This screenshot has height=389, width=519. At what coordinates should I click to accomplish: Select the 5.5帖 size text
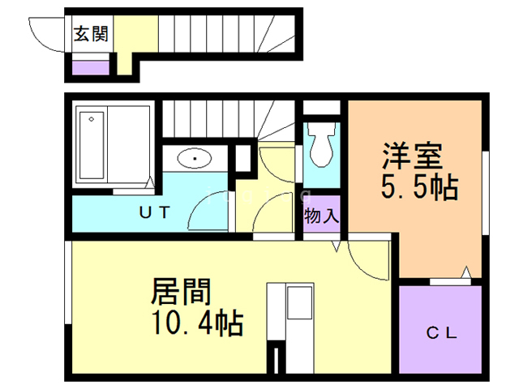[x=419, y=188]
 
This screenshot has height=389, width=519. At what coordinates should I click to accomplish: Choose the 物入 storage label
[x=322, y=216]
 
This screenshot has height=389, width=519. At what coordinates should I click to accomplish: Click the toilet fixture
[x=321, y=143]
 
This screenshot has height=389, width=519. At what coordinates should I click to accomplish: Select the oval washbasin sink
[x=195, y=157]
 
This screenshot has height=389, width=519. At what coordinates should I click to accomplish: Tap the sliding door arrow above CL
[x=466, y=272]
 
